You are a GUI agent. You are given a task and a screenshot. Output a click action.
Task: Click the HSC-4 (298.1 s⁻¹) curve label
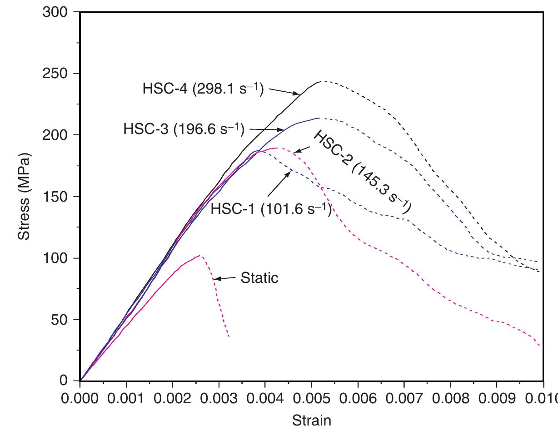(203, 88)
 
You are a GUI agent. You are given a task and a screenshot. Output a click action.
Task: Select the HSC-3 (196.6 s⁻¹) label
(184, 129)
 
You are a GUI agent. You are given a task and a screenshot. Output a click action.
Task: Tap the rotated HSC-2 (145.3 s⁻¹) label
(362, 172)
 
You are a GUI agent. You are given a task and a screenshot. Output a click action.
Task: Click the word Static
(259, 277)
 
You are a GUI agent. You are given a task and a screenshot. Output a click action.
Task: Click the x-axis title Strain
(311, 420)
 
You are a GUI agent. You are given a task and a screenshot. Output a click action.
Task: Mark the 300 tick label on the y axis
(55, 13)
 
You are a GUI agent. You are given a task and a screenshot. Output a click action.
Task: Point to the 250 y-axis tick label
(55, 74)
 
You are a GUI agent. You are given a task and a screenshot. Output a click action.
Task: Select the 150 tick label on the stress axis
(55, 197)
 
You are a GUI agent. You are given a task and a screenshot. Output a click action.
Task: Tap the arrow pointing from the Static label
(225, 278)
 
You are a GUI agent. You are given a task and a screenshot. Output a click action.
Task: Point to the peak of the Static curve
(199, 256)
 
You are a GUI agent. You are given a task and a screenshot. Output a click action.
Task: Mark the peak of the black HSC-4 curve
(322, 82)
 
